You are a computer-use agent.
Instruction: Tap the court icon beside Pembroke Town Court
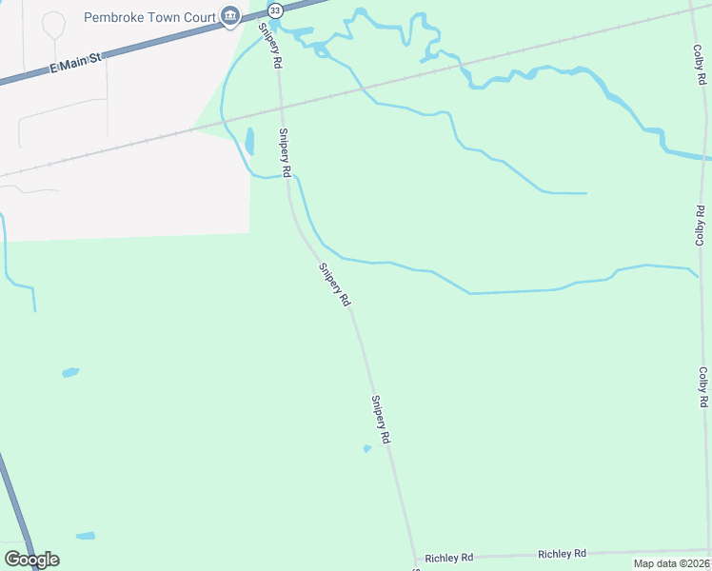tap(230, 16)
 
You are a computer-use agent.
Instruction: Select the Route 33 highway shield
tap(275, 10)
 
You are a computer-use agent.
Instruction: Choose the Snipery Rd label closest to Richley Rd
tap(382, 421)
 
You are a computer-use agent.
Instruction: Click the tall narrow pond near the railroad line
tap(249, 141)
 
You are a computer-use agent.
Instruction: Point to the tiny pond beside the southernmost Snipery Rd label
tap(366, 448)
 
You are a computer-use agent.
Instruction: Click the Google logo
tap(31, 560)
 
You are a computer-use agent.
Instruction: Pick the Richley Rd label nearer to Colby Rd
tap(562, 554)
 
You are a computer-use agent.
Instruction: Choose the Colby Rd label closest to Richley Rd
tap(703, 387)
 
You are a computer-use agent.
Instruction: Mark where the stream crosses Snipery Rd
tap(289, 175)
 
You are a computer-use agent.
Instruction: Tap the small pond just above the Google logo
tap(86, 536)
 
